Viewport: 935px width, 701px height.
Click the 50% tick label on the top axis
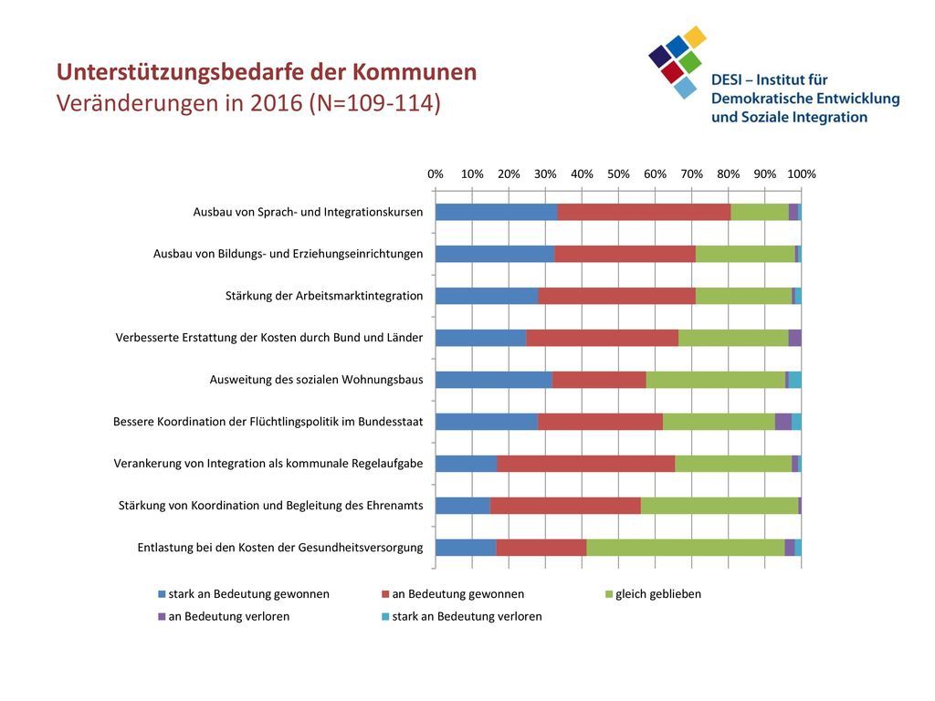(618, 174)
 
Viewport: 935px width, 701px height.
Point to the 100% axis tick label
(802, 174)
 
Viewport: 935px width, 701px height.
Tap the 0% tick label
(436, 174)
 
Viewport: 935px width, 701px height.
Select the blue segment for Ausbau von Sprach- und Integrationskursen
(496, 212)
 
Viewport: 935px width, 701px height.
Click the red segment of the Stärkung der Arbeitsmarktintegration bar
(616, 296)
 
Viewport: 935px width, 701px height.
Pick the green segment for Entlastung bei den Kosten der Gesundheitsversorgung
(685, 548)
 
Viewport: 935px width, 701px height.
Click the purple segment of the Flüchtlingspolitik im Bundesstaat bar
(783, 422)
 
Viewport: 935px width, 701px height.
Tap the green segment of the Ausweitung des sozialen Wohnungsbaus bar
(716, 380)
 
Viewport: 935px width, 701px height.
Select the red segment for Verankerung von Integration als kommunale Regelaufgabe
(585, 463)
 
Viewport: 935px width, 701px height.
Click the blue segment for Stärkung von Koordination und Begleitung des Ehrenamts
(463, 506)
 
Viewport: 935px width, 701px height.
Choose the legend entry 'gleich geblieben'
(653, 594)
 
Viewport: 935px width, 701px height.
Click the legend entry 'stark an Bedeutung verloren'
(461, 616)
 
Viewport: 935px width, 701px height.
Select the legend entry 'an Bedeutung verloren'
(224, 616)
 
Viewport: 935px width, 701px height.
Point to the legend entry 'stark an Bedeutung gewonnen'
(243, 594)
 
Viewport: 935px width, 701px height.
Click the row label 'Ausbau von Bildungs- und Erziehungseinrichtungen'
(288, 254)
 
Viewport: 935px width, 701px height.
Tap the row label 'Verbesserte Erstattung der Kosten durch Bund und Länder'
(269, 338)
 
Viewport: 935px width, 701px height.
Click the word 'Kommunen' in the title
(414, 72)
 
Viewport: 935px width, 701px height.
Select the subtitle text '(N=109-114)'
(374, 103)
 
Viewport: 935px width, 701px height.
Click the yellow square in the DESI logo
(695, 37)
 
